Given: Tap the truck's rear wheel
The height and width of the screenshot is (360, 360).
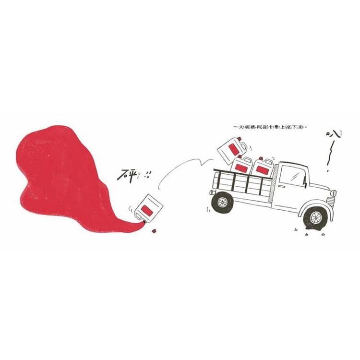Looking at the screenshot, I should point(222,202).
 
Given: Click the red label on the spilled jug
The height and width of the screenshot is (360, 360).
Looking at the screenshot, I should point(148,210).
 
